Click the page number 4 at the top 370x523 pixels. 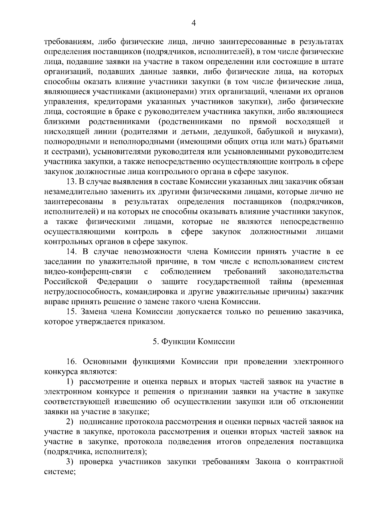[x=194, y=23]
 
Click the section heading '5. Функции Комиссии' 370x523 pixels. [x=194, y=341]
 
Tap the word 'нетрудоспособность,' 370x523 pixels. [x=80, y=292]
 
